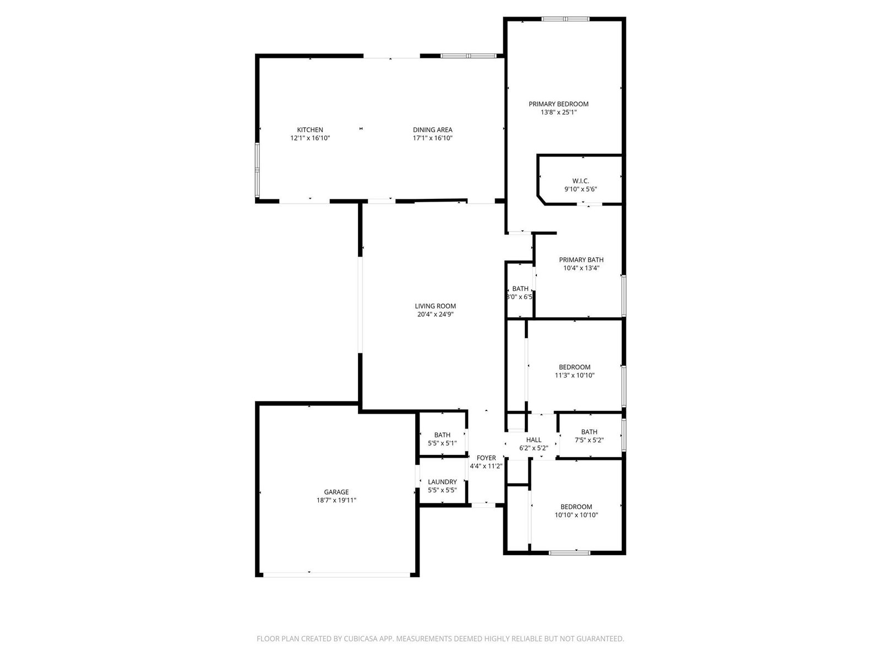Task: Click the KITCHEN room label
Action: (x=310, y=129)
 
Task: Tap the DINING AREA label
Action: (x=432, y=129)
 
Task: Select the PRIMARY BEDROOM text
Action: (x=558, y=104)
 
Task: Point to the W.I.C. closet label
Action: (x=580, y=181)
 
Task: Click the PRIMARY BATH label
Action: (x=581, y=259)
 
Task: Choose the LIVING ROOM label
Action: (x=435, y=306)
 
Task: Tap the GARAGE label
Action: (x=336, y=492)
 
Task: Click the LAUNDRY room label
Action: (x=442, y=481)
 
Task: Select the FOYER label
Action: (x=486, y=458)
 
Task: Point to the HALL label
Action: (x=534, y=440)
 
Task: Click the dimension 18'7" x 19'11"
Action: (x=336, y=500)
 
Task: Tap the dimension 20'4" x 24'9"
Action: (x=435, y=314)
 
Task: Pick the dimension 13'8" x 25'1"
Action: (x=558, y=112)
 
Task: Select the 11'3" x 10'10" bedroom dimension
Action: (x=574, y=375)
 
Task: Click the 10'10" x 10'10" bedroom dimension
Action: (x=576, y=515)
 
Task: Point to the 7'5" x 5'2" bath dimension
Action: (x=589, y=440)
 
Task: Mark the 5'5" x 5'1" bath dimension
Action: (x=442, y=443)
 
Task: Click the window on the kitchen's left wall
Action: (x=257, y=170)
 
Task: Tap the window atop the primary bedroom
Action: (x=565, y=19)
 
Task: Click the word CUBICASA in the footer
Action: (x=361, y=638)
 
